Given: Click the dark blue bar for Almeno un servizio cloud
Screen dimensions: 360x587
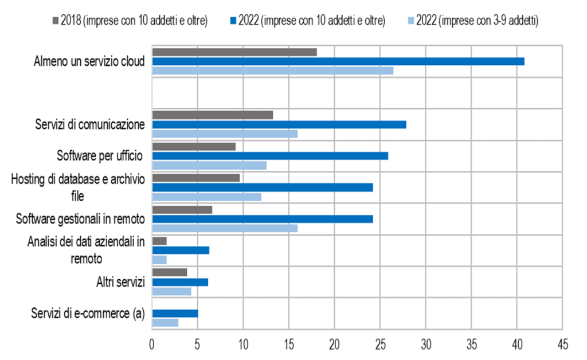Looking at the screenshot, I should coord(338,61).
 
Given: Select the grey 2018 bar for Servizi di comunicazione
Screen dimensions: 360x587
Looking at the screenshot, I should coord(212,115).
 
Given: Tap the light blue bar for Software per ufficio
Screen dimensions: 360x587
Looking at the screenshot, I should coord(209,166).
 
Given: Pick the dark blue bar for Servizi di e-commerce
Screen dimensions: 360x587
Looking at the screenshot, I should coord(175,314).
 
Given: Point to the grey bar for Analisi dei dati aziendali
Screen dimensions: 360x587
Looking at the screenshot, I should coord(159,241).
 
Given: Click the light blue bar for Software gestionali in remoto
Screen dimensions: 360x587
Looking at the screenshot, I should coord(225,228).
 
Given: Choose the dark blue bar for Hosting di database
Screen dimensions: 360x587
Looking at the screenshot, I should coord(263,187).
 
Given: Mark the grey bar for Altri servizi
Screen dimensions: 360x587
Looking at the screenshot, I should coord(170,272).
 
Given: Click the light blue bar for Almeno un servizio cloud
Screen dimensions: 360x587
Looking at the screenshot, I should coord(273,71).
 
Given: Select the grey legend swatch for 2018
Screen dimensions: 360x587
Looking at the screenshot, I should coord(55,21).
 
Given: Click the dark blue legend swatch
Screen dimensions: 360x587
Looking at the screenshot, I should coord(233,21).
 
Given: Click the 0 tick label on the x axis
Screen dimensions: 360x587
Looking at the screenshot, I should coord(152,345).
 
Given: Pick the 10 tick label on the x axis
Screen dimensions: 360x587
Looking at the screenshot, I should coord(243,345).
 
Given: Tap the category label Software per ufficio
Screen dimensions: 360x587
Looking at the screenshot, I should coord(100,155).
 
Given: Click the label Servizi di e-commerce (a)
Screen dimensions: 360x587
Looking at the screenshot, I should coord(88,314).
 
